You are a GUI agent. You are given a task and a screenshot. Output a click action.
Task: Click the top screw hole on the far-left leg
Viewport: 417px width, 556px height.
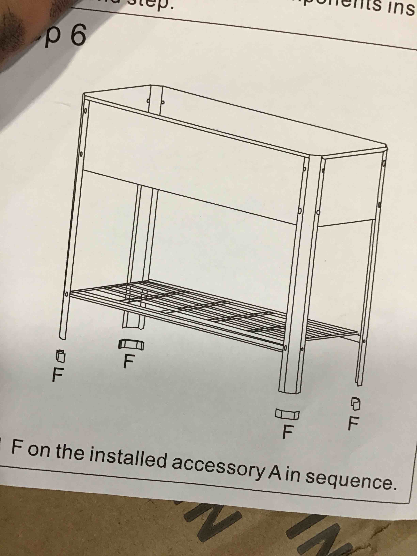86,110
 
